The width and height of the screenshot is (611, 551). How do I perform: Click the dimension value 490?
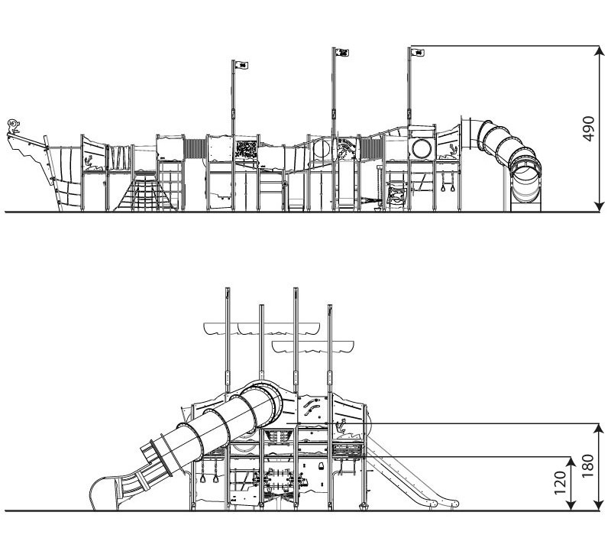click(588, 128)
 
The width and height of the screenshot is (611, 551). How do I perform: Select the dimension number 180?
click(587, 465)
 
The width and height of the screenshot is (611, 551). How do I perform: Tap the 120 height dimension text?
click(560, 482)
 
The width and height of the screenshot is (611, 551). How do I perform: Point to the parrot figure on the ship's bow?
click(14, 127)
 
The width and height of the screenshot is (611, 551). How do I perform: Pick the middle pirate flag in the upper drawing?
click(342, 52)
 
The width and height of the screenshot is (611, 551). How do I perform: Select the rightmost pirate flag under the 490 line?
click(418, 52)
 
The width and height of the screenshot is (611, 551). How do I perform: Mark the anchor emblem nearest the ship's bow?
click(89, 162)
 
